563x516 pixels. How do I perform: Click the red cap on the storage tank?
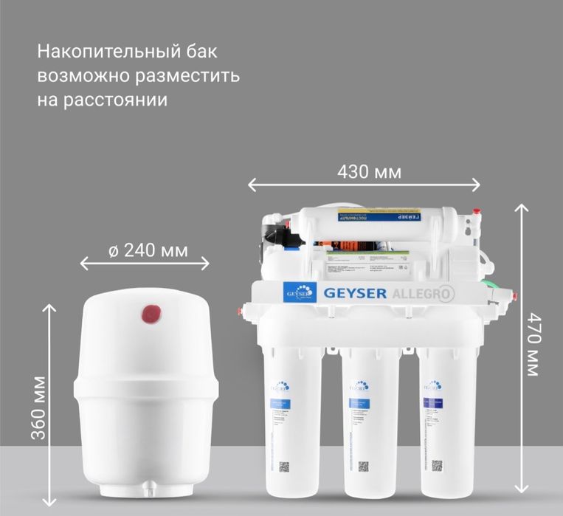click(151, 315)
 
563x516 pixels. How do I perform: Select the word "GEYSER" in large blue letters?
click(355, 292)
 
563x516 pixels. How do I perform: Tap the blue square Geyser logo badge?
click(300, 292)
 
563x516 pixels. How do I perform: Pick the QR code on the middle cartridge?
click(363, 466)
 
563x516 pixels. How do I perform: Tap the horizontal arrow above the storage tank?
click(145, 264)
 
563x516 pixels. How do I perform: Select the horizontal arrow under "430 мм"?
click(364, 185)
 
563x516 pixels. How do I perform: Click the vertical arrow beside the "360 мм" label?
click(51, 405)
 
